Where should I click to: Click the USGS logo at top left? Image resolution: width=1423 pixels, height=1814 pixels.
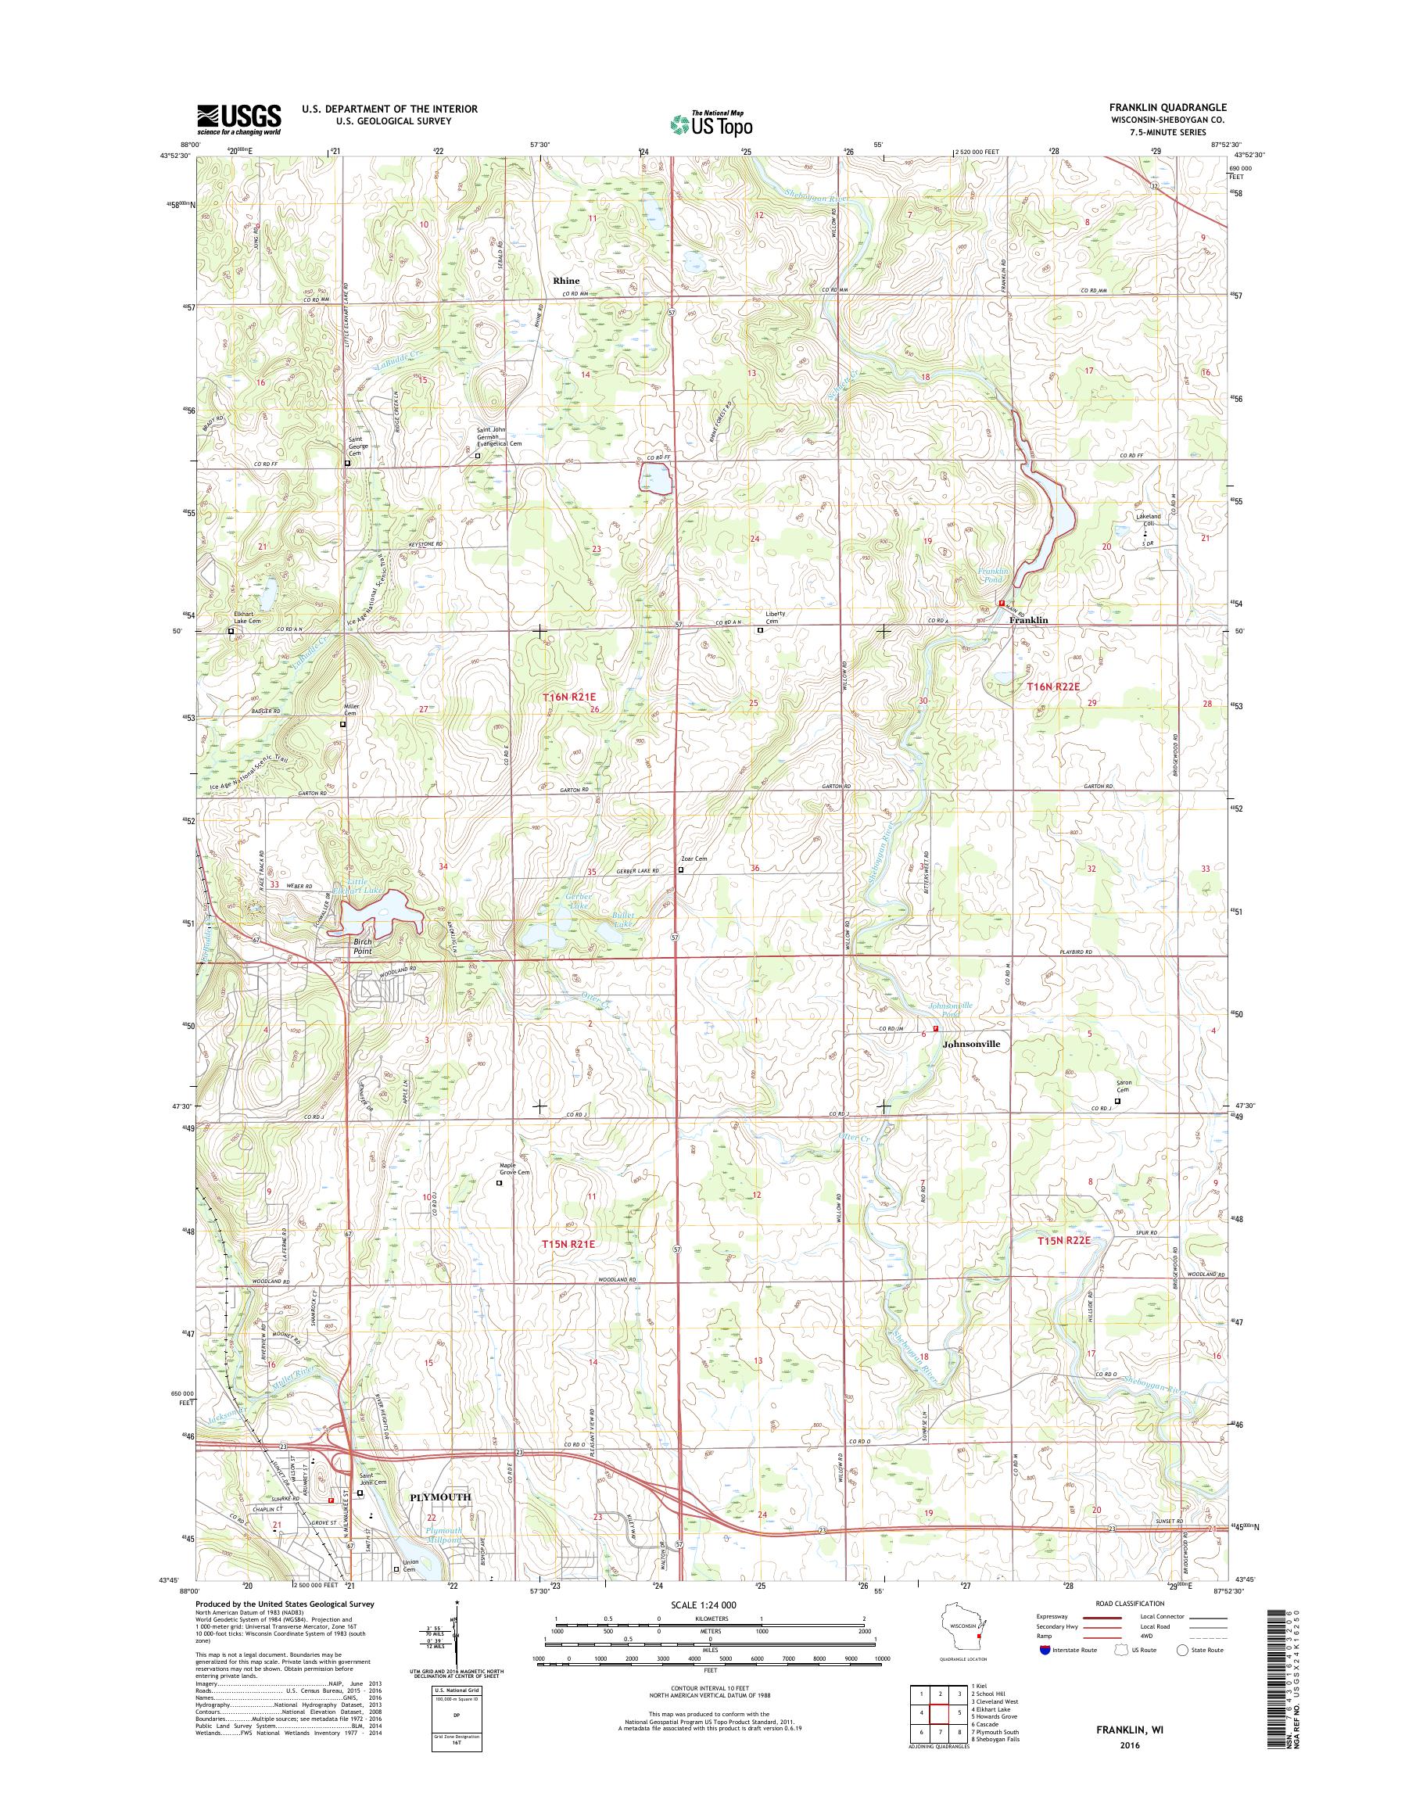pyautogui.click(x=238, y=119)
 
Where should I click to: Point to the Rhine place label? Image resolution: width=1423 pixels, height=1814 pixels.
pyautogui.click(x=566, y=281)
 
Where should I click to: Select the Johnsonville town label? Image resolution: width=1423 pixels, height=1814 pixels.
pyautogui.click(x=970, y=1043)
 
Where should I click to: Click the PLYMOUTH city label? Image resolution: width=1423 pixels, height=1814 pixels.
pyautogui.click(x=441, y=1520)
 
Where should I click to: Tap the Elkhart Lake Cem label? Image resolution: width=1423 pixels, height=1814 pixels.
pyautogui.click(x=247, y=618)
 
